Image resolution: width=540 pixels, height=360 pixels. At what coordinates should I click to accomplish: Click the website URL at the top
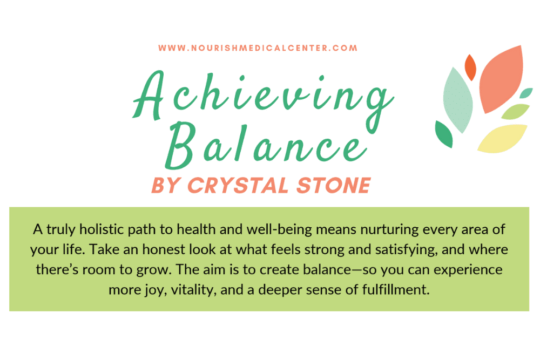(x=258, y=48)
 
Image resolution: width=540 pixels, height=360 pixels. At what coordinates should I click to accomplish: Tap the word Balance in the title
(x=266, y=145)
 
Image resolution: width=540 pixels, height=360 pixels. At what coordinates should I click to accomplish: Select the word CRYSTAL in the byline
(x=238, y=185)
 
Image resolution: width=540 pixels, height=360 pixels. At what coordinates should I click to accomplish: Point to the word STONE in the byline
(x=333, y=185)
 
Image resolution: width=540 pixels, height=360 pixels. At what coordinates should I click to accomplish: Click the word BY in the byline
(x=166, y=185)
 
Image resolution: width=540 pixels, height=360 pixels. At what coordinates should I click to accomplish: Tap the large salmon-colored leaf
(x=501, y=79)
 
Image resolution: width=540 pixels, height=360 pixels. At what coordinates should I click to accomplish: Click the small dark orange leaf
(x=470, y=67)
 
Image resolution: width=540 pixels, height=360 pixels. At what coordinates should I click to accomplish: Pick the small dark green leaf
(x=443, y=134)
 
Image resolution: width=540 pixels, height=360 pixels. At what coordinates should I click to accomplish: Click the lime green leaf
(x=515, y=112)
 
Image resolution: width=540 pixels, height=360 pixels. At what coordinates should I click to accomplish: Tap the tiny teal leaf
(x=526, y=93)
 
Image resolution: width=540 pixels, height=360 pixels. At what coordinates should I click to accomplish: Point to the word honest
(x=164, y=249)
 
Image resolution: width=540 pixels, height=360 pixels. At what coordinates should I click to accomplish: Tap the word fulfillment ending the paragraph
(x=395, y=289)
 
